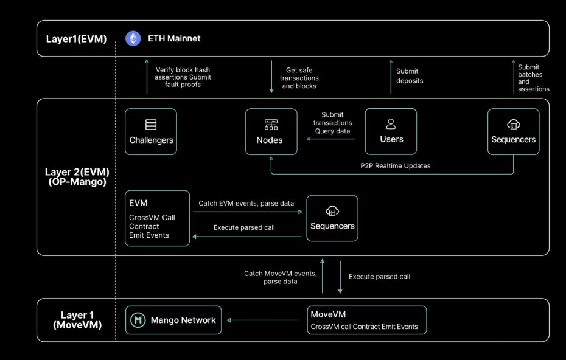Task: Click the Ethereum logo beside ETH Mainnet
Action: coord(133,38)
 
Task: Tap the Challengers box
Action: coord(151,132)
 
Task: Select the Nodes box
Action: coord(271,132)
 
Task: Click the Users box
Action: coord(391,131)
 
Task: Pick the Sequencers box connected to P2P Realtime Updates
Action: coord(513,132)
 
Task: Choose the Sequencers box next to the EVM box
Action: coord(332,218)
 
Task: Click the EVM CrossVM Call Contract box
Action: coord(157,218)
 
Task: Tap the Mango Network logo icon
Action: coord(138,320)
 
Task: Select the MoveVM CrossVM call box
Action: coord(367,320)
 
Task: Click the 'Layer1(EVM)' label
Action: coord(76,39)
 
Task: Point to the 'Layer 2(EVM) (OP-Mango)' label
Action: coord(77,177)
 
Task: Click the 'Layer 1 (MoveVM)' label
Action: coord(77,320)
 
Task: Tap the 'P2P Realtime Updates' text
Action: coord(395,166)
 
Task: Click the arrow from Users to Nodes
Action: coord(330,139)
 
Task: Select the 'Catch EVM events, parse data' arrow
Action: coord(248,212)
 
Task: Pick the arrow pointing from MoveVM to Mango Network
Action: coord(262,320)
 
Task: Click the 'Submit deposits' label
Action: coord(410,76)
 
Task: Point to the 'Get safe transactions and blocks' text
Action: coord(299,78)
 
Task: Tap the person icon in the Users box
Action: coord(391,123)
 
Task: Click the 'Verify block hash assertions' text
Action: coord(183,73)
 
